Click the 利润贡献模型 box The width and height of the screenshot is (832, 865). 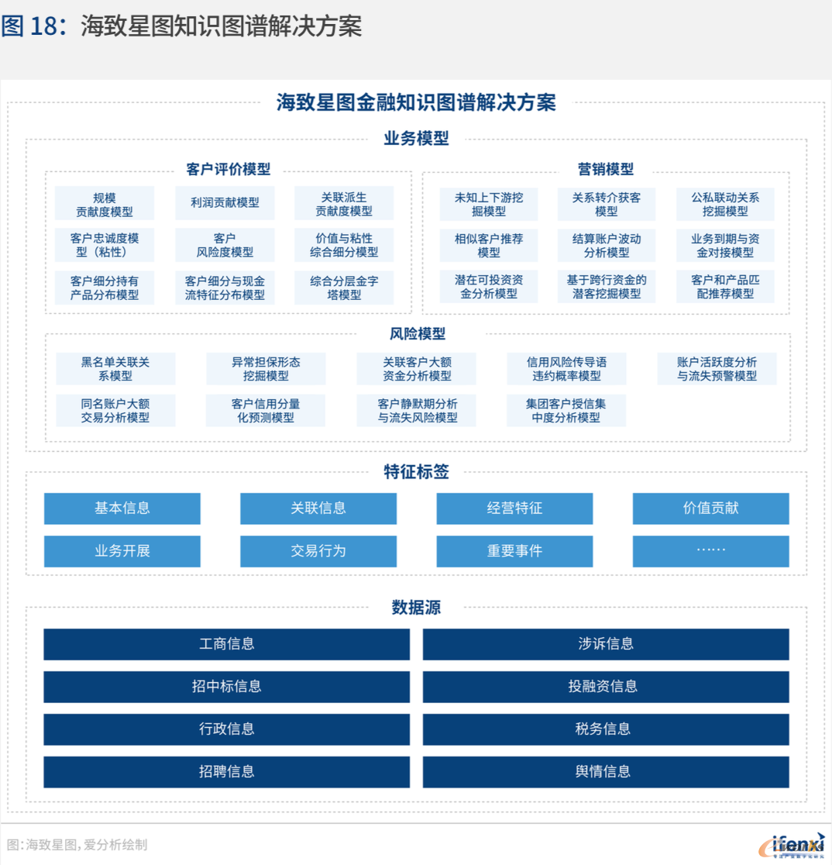225,203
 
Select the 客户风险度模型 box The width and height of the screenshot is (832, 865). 225,245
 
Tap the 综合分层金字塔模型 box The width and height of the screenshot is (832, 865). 344,288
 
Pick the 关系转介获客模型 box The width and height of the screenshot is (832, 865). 607,204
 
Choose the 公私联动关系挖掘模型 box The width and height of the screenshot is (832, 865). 725,204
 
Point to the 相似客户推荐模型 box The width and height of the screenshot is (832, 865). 489,246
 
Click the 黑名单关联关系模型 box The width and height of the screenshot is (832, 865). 115,368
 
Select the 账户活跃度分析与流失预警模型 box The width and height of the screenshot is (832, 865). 717,368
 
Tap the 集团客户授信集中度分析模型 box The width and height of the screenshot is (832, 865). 566,411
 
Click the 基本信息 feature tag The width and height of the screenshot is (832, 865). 122,508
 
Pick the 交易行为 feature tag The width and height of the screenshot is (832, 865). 318,551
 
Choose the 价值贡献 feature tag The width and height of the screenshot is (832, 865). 710,508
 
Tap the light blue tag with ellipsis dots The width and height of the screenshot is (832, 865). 710,551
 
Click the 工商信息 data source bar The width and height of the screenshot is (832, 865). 227,644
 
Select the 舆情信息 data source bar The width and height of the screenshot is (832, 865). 606,772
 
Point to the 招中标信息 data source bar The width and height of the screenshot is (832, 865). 227,687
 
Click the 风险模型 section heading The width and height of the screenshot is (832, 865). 418,334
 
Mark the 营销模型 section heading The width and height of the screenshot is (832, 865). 605,170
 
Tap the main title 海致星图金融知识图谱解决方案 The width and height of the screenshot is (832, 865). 416,102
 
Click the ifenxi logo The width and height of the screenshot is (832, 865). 792,845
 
